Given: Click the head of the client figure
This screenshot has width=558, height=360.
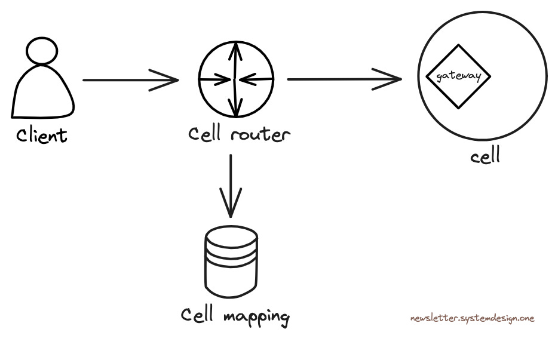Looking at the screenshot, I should point(43,52).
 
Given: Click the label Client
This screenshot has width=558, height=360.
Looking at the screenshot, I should point(42,135).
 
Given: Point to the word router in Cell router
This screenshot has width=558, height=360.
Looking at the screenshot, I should point(260,135).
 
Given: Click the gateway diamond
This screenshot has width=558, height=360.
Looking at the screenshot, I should point(458,76).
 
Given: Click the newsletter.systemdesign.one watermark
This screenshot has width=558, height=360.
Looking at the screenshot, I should point(472,318).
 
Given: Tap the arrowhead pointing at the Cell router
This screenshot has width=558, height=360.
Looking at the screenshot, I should point(168,79).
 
